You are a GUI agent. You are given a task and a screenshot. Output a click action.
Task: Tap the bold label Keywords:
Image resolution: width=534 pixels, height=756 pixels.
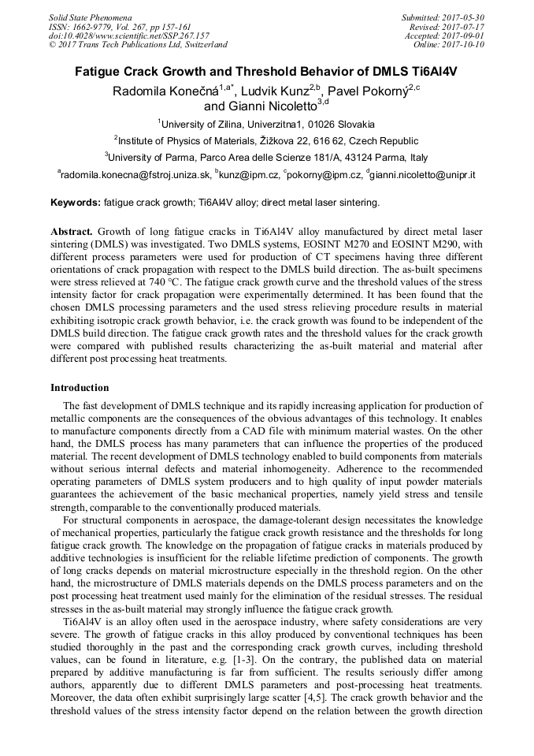(x=75, y=203)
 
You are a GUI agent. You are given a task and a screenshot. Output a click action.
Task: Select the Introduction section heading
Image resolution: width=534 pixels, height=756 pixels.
(x=80, y=388)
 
